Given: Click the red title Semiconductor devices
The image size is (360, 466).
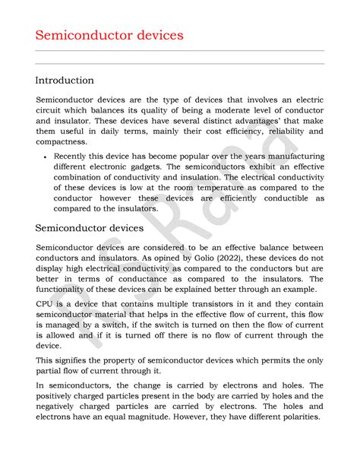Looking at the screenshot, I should click(x=109, y=35).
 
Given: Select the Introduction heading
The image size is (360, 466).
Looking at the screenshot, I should click(x=65, y=80).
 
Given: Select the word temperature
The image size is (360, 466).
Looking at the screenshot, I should click(x=224, y=187).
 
